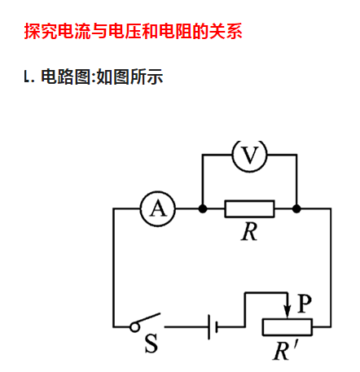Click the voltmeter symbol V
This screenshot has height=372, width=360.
(250, 155)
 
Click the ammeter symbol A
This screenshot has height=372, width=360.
(158, 209)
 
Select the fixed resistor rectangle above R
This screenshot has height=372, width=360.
(249, 209)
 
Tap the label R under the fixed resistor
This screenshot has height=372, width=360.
(249, 232)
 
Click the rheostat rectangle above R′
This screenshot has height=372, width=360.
(288, 327)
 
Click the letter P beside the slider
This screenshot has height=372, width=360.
(305, 304)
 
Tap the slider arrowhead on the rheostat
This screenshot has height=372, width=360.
(288, 312)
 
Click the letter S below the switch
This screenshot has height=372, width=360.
(151, 344)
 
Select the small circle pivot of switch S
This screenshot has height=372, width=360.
(134, 327)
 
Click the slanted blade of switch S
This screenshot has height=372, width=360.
(149, 318)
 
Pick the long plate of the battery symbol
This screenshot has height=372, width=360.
(209, 327)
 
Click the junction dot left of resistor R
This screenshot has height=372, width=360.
(203, 209)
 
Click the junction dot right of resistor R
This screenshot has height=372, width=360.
(296, 209)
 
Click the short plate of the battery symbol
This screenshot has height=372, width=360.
(217, 327)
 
